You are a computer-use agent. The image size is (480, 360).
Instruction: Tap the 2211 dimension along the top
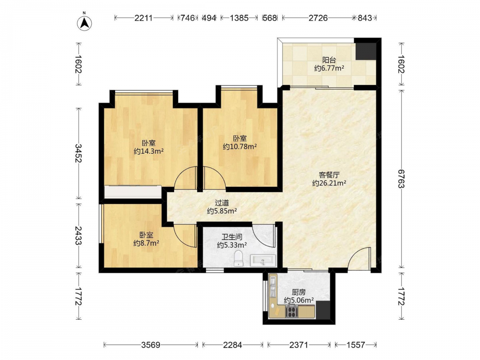pyautogui.click(x=143, y=18)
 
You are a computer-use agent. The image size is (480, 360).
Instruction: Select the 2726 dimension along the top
pyautogui.click(x=318, y=18)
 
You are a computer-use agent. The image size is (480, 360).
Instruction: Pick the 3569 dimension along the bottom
pyautogui.click(x=151, y=345)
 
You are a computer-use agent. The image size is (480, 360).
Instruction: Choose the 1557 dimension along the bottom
pyautogui.click(x=355, y=345)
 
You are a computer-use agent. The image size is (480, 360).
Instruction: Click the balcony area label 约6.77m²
pyautogui.click(x=329, y=68)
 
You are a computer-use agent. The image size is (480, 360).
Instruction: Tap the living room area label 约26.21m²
pyautogui.click(x=329, y=183)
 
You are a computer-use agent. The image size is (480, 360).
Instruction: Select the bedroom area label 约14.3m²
pyautogui.click(x=148, y=151)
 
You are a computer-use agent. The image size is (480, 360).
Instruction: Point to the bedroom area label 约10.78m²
pyautogui.click(x=240, y=146)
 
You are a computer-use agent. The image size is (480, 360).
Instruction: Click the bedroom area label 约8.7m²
pyautogui.click(x=146, y=243)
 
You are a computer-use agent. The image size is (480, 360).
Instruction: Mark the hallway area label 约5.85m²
pyautogui.click(x=222, y=211)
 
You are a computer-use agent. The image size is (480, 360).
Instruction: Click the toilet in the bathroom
pyautogui.click(x=238, y=258)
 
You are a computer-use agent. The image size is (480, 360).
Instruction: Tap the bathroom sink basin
pyautogui.click(x=263, y=261)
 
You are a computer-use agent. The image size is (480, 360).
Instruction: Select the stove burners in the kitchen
pyautogui.click(x=291, y=312)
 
